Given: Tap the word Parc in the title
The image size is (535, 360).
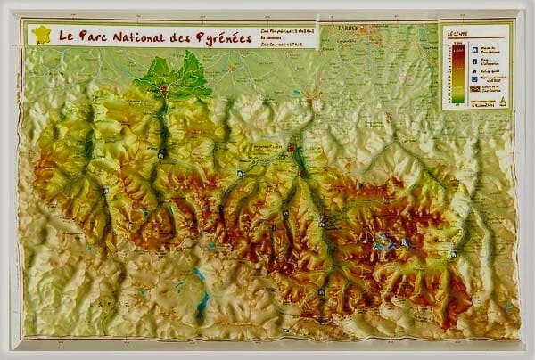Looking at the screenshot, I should (97, 37).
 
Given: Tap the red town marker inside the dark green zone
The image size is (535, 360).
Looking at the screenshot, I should (163, 88).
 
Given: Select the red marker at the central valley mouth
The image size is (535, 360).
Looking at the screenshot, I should (291, 147).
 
